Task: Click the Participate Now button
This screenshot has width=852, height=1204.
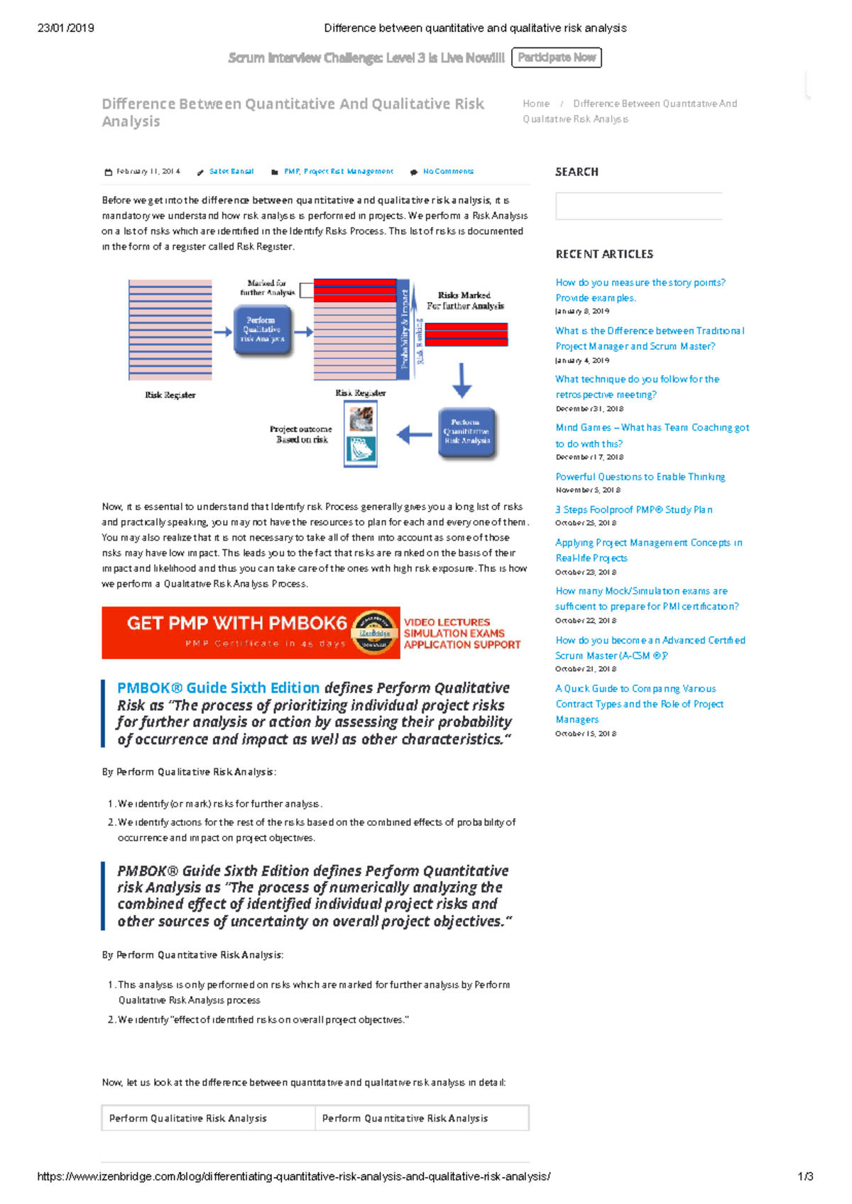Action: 556,57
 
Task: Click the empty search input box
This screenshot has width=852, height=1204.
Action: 638,206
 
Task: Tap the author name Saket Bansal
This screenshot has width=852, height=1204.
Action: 231,172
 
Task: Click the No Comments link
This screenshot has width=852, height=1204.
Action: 447,172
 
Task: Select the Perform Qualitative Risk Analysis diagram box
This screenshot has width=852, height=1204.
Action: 262,330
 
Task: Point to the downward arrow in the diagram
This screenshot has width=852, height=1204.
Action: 461,380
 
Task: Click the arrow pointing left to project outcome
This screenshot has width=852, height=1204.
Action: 413,434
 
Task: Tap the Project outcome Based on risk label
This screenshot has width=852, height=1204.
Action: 301,434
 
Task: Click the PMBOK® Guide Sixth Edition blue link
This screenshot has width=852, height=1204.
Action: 218,687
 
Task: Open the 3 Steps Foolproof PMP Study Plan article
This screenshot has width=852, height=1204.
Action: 633,509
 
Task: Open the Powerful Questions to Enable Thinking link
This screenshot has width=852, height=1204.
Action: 640,477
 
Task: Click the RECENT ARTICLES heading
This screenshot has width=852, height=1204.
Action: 604,254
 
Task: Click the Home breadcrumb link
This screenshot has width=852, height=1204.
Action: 536,104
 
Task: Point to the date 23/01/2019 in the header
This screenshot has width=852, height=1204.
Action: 65,28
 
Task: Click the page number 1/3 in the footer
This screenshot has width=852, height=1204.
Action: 805,1176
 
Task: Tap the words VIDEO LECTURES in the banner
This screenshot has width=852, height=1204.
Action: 447,622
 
